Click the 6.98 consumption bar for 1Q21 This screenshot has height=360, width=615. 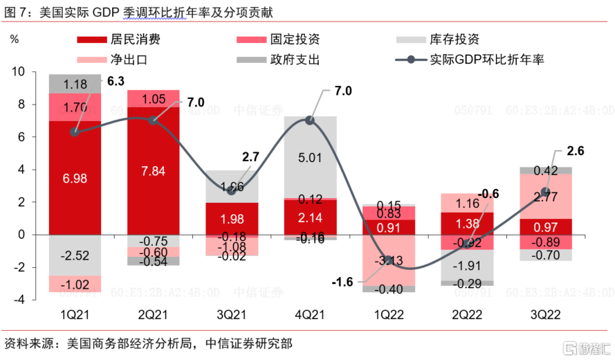(x=75, y=178)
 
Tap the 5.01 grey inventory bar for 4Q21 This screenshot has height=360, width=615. (x=310, y=157)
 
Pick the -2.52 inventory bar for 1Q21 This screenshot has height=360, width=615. (x=75, y=255)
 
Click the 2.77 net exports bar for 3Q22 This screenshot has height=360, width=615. (x=546, y=197)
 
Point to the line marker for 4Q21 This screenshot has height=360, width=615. (x=310, y=120)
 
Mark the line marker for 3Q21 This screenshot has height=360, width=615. (x=232, y=190)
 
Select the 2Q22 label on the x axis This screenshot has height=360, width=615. (x=467, y=313)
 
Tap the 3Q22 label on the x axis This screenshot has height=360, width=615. (x=546, y=313)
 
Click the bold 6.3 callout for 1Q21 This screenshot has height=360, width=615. (x=116, y=81)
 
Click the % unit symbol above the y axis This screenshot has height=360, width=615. (x=15, y=39)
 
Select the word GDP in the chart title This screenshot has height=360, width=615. (x=122, y=11)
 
